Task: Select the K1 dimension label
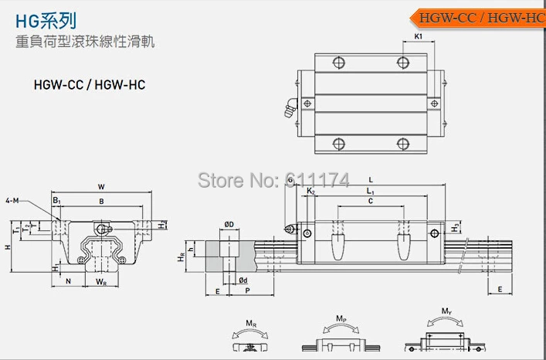click(x=418, y=36)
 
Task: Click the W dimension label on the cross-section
click(x=101, y=186)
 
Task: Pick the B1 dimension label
click(x=56, y=201)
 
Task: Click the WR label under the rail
click(x=101, y=283)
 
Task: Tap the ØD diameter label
click(x=229, y=224)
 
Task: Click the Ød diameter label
click(x=242, y=280)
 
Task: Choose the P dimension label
click(x=246, y=292)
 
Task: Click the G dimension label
click(x=290, y=180)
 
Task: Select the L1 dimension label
click(x=370, y=190)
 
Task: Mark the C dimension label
click(x=370, y=202)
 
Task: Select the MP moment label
click(x=341, y=318)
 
